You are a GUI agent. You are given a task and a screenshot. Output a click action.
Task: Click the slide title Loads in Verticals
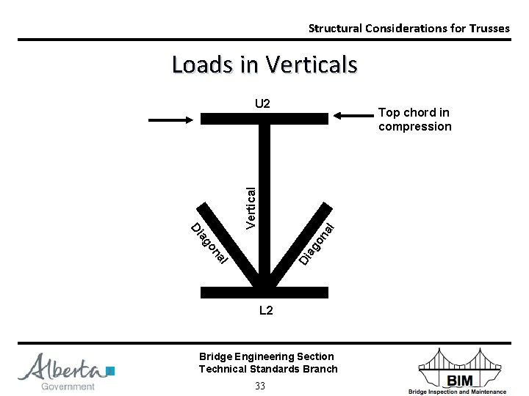pyautogui.click(x=264, y=65)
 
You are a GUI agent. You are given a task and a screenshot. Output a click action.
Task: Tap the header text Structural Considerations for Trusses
pyautogui.click(x=409, y=29)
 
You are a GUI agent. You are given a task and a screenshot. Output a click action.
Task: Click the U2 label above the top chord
pyautogui.click(x=263, y=103)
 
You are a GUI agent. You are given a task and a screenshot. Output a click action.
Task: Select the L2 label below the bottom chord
pyautogui.click(x=266, y=311)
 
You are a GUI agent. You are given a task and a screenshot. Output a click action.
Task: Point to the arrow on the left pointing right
pyautogui.click(x=170, y=118)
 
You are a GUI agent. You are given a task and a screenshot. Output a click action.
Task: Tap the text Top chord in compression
pyautogui.click(x=414, y=120)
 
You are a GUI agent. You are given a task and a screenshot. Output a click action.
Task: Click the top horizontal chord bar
pyautogui.click(x=264, y=118)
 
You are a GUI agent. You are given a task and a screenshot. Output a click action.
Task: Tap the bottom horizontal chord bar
pyautogui.click(x=264, y=292)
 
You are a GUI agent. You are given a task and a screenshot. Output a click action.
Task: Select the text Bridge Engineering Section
pyautogui.click(x=266, y=356)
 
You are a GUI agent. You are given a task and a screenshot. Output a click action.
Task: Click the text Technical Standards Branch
pyautogui.click(x=268, y=369)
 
